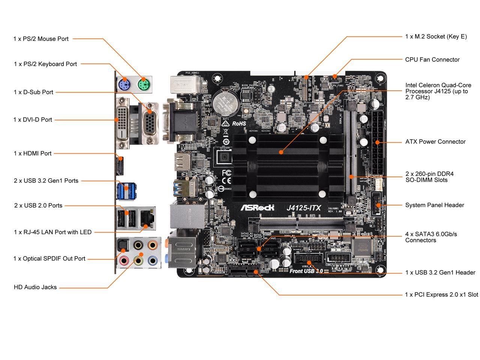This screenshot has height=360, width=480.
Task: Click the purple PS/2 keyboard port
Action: pos(124,85)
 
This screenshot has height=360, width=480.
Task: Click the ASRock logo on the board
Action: pos(257,207)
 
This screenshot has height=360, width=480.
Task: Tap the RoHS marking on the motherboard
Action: pos(239,123)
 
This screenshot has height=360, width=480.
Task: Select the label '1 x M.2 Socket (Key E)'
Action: pos(436,36)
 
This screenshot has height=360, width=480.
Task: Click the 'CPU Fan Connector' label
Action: pos(432,60)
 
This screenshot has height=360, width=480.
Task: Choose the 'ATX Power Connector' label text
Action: pos(435,142)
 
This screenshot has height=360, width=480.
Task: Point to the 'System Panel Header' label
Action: pos(434,205)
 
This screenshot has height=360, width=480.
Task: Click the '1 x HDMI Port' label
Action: pos(33,153)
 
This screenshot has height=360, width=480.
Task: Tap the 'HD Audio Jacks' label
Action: pos(35,287)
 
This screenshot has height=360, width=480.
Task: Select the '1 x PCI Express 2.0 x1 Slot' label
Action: pos(441,295)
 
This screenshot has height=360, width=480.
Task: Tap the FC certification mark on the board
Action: pos(226,173)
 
